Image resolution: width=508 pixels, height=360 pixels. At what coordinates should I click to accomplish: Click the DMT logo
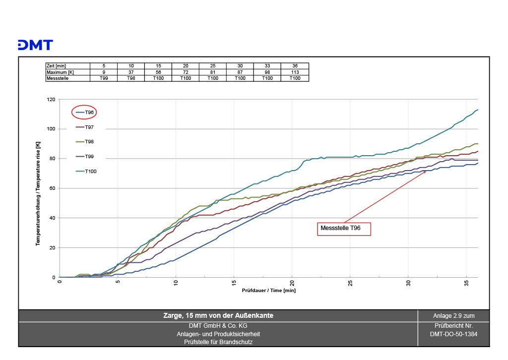coord(35,45)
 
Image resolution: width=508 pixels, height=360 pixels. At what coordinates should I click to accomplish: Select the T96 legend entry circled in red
coord(84,113)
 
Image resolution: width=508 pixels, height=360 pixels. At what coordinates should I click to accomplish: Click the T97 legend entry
coord(84,127)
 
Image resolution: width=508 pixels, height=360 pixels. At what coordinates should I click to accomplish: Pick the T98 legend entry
coord(84,142)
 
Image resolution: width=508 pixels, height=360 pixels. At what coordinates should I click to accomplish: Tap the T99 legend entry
coord(84,157)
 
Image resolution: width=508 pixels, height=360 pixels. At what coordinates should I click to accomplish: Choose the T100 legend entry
coord(86,171)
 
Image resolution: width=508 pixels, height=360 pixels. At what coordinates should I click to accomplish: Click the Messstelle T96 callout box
coord(344,229)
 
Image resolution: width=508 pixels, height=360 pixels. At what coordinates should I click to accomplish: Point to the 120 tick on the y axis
coord(51,99)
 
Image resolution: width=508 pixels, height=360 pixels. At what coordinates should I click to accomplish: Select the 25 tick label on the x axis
coord(350,283)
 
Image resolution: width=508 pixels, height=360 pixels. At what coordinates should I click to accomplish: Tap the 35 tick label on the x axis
coord(466,283)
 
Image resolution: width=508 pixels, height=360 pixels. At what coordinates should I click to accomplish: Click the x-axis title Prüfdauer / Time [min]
coord(268,291)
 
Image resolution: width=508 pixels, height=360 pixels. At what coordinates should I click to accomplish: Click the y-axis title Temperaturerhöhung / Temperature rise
coord(38,193)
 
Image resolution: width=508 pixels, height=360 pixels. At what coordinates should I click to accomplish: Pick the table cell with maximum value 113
coord(295,72)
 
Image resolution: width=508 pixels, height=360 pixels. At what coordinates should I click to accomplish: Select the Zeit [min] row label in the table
coord(56,66)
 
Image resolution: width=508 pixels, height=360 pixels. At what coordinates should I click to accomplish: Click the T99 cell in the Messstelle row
coord(104,78)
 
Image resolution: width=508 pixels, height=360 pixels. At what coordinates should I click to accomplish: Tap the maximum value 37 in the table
coord(131,72)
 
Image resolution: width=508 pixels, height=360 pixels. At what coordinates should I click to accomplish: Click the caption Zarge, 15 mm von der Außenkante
coord(218,316)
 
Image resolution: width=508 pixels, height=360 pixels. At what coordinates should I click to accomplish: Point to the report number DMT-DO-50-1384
coord(453,334)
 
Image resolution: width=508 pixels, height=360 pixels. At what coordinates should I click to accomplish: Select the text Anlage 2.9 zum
coord(453,316)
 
